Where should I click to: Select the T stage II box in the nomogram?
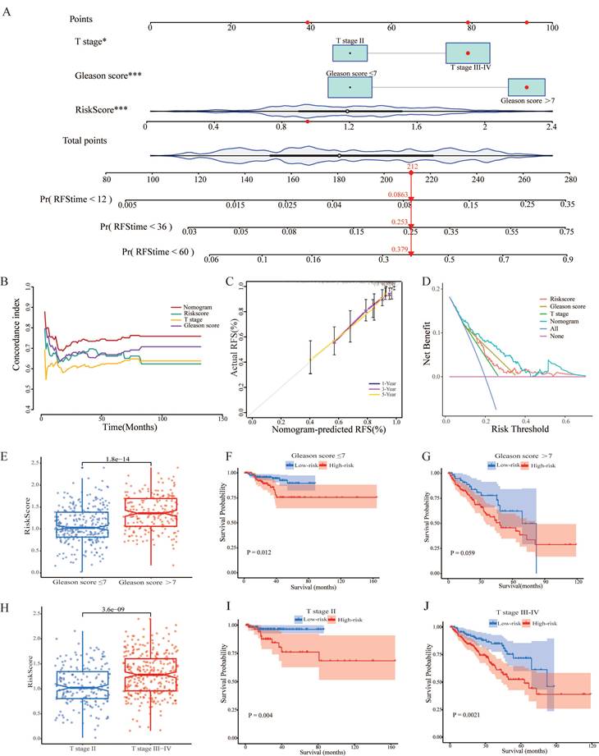(x=350, y=53)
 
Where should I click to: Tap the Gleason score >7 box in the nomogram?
(x=526, y=87)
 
